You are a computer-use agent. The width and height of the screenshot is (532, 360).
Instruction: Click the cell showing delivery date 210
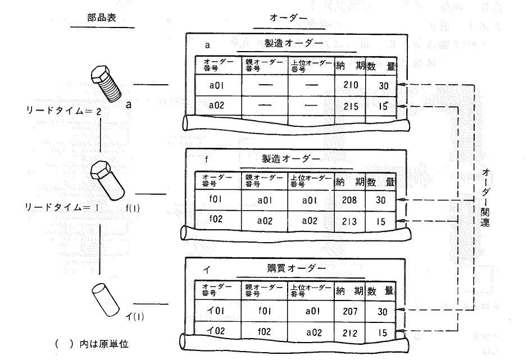coord(350,85)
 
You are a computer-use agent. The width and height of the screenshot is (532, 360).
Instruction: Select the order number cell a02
coord(217,105)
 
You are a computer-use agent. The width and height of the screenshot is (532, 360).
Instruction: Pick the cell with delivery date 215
coord(350,105)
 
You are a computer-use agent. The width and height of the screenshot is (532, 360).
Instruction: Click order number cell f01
coord(217,200)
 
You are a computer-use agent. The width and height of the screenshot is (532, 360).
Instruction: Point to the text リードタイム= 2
coord(62,111)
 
